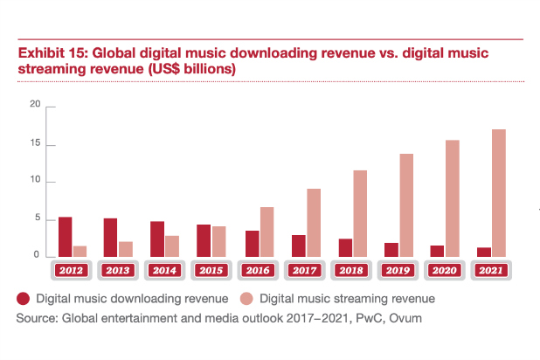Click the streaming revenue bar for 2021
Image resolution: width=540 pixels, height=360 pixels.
(499, 192)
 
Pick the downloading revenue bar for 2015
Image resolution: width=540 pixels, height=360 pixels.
(204, 240)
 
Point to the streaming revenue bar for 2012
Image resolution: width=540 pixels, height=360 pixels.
(80, 251)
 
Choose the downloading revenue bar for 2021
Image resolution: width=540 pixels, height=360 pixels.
(484, 252)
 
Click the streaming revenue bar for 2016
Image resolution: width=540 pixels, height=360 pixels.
(266, 232)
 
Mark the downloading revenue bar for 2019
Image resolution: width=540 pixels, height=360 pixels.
(391, 249)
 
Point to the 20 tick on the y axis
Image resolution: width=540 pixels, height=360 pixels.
(36, 105)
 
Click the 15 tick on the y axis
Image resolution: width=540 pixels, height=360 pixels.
(36, 143)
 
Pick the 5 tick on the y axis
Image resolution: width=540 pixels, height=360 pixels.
(38, 219)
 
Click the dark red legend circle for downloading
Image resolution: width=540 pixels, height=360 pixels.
(24, 299)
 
